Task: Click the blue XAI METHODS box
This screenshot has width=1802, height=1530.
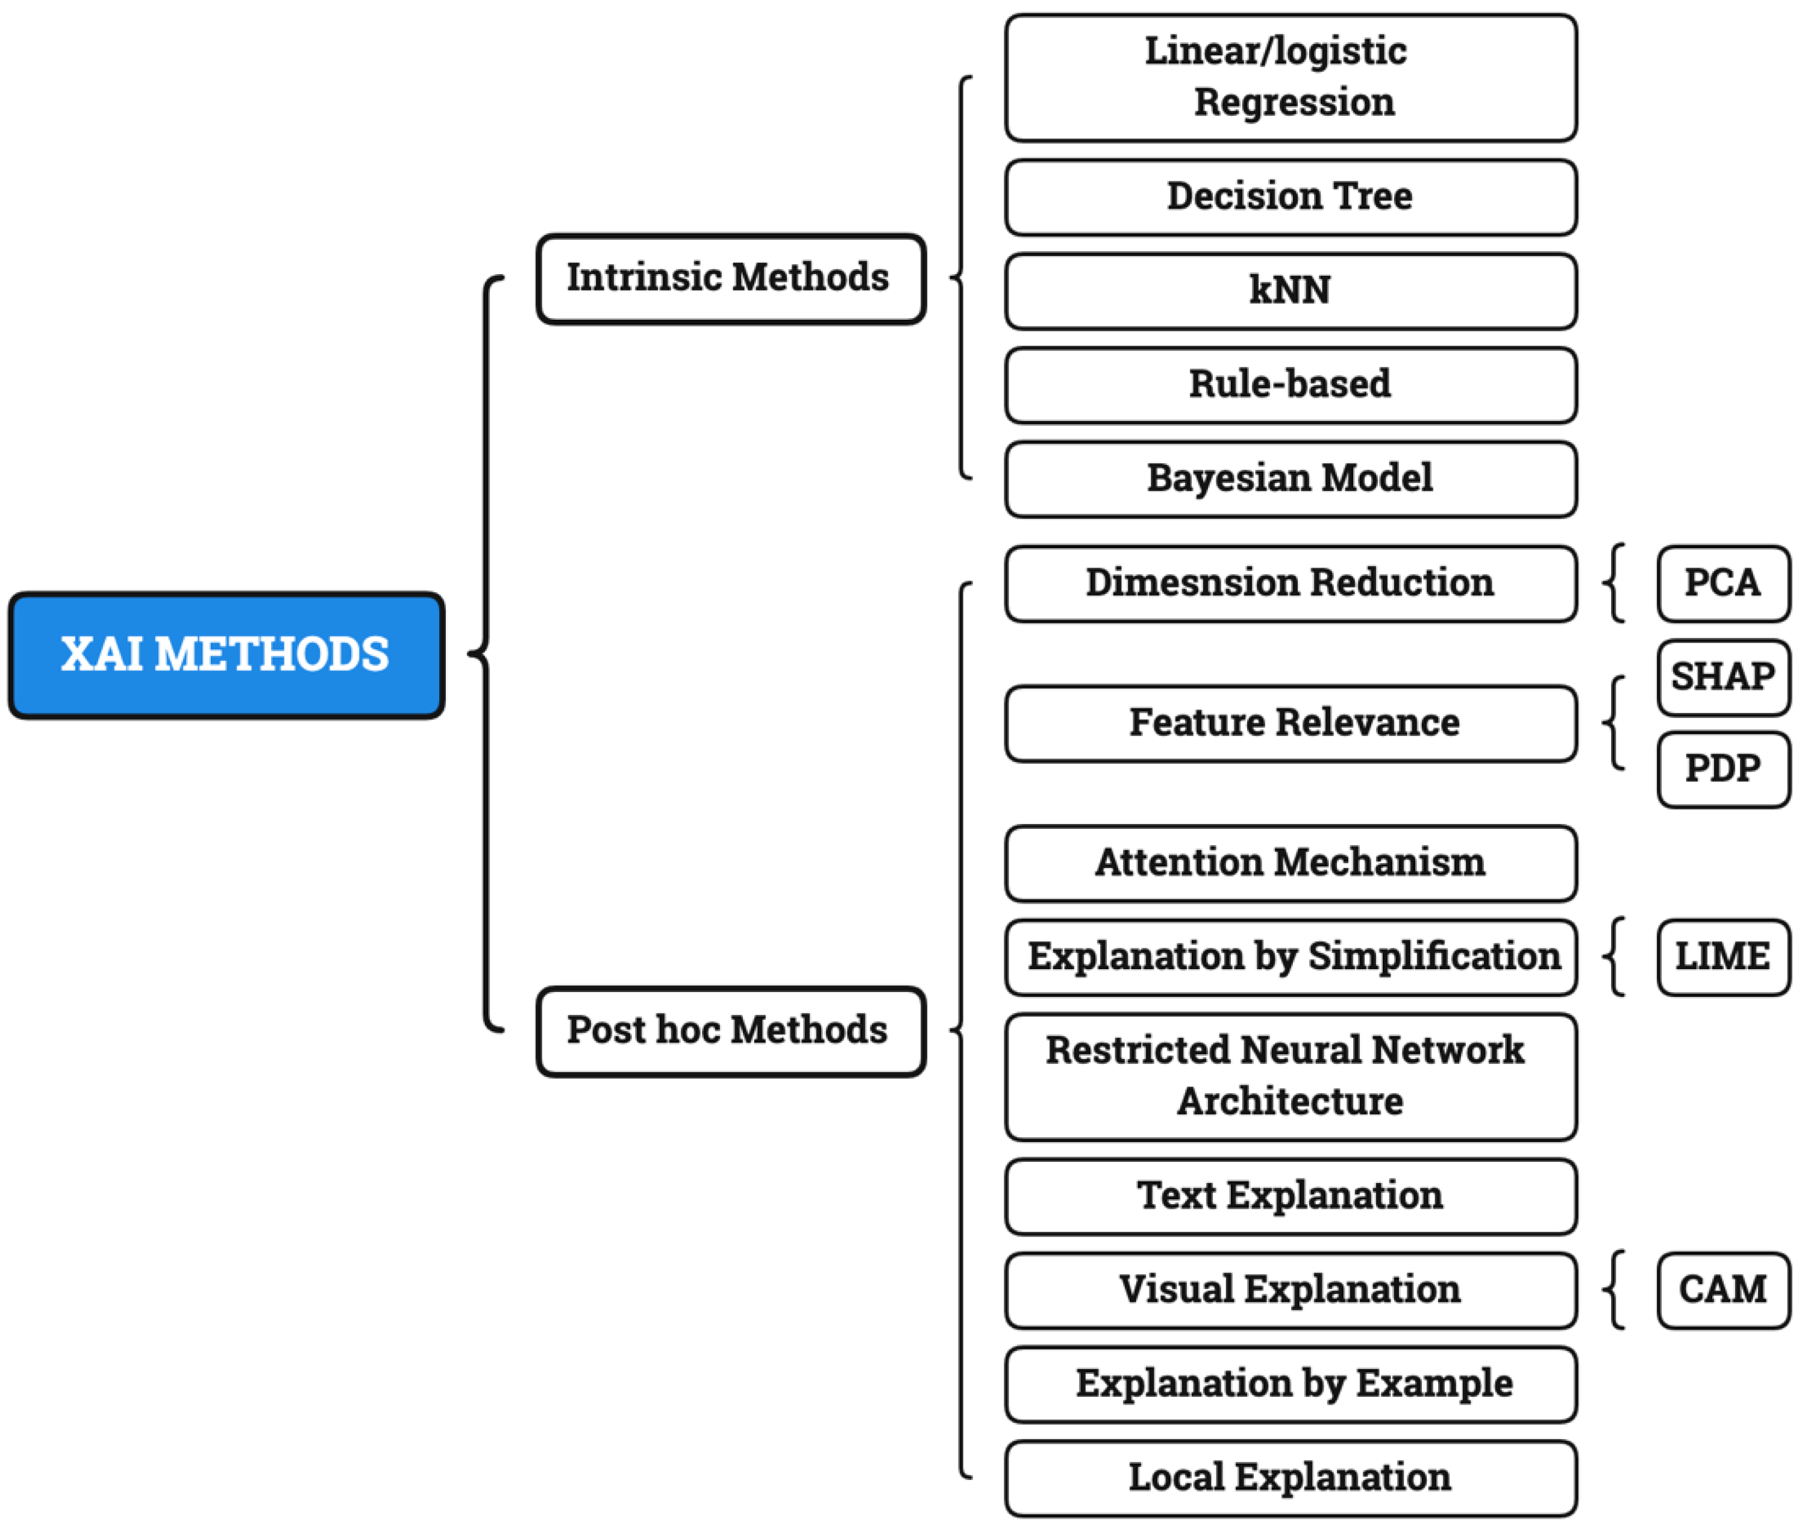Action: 225,655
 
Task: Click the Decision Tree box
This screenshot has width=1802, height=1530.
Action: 1290,197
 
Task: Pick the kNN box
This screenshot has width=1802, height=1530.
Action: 1290,290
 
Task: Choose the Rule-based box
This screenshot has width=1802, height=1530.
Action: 1290,384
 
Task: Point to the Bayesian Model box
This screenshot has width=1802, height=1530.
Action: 1290,479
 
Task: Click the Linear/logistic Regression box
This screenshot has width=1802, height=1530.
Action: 1290,77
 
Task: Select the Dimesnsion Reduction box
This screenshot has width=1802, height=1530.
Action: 1290,583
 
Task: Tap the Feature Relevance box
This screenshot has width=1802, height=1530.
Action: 1290,723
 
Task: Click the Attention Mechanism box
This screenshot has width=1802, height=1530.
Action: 1290,863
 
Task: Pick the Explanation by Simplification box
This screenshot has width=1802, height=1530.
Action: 1290,957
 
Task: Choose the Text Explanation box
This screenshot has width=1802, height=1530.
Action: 1290,1196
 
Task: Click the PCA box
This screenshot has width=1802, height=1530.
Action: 1722,583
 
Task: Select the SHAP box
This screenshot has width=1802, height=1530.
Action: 1722,676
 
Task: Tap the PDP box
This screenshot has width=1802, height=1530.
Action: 1722,769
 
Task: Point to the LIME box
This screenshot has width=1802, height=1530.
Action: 1722,957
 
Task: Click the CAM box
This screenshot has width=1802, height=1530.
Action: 1722,1290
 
